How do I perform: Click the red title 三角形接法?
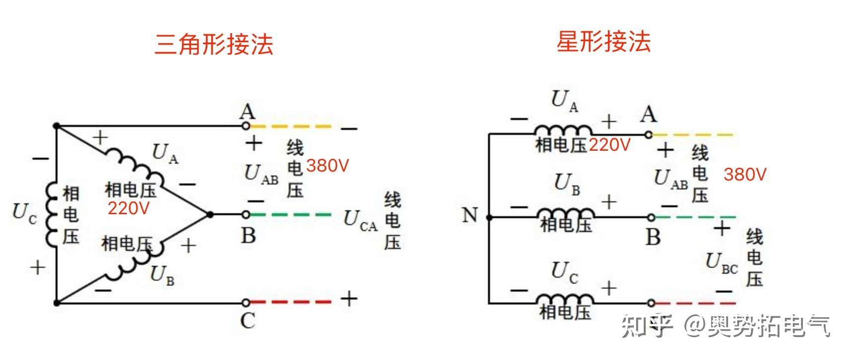tap(214, 44)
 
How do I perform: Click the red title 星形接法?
tap(603, 41)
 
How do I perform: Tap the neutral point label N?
tap(470, 215)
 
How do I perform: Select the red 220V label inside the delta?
tap(128, 208)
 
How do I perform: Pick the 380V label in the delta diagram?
tap(327, 166)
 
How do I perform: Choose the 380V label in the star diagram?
tap(745, 174)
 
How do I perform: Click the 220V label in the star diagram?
tap(609, 145)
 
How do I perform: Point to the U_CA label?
tap(361, 220)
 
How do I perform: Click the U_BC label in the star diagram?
tap(722, 263)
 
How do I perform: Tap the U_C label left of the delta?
tap(24, 213)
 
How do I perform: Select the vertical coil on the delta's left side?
tap(52, 214)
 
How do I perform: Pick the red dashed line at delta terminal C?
tap(290, 301)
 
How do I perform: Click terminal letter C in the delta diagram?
tap(247, 321)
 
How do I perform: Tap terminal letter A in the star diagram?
tap(648, 115)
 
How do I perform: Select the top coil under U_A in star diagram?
tap(563, 130)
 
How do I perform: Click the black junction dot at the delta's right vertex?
tap(210, 215)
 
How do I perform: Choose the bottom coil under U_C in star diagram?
tap(565, 299)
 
